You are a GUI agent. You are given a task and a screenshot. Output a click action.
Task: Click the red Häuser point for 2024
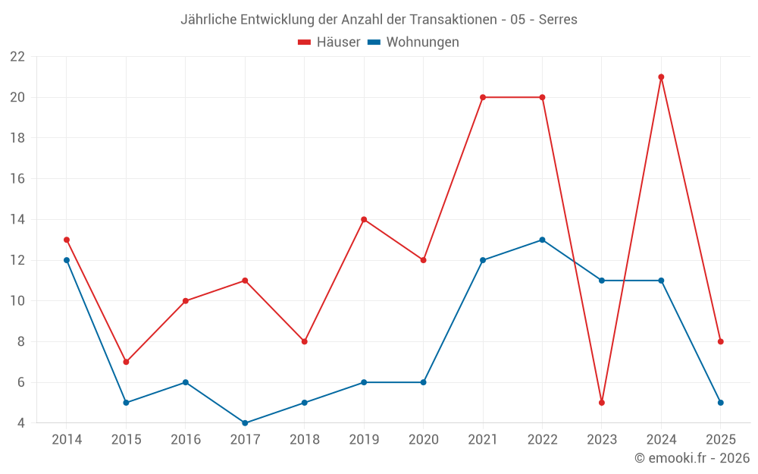661,77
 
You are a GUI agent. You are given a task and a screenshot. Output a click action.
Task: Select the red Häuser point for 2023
602,403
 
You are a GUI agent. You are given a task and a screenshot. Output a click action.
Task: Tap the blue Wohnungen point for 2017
245,423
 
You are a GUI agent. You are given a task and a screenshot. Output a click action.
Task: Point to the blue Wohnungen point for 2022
542,240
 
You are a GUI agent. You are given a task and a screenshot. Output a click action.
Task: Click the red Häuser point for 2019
364,219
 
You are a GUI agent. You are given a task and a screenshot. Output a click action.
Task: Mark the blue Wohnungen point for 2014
67,260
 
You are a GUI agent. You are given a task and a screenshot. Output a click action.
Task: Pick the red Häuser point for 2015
126,362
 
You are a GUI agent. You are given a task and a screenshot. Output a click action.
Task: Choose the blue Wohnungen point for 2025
721,403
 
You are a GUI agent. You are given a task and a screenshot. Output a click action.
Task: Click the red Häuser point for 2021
483,97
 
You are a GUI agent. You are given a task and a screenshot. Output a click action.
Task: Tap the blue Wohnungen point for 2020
423,382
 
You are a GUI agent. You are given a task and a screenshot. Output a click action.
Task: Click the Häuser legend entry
329,42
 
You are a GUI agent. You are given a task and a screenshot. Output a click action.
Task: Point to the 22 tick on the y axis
17,57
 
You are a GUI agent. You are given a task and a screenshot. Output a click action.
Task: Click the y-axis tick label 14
17,220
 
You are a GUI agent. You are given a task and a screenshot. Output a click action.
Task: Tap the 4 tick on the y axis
21,423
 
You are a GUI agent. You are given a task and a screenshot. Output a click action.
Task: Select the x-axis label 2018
305,440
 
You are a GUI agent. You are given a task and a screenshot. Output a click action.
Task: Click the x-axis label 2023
602,440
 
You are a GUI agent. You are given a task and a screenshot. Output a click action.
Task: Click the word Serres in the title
558,19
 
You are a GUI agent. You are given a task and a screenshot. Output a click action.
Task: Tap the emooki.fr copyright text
692,458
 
